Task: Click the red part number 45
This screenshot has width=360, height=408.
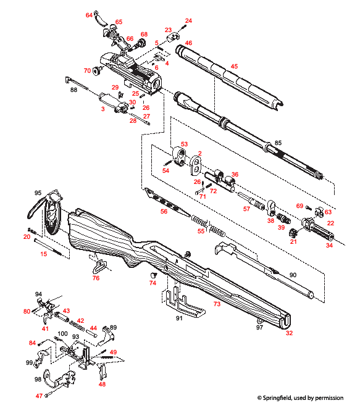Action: click(233, 66)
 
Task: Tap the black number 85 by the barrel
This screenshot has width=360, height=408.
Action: click(278, 144)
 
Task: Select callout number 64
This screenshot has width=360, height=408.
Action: click(89, 14)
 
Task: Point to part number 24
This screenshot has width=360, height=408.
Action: click(188, 21)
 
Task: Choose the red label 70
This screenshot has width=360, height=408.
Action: click(87, 71)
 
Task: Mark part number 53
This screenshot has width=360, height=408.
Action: click(183, 144)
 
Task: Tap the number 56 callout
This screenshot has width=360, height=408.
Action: click(164, 211)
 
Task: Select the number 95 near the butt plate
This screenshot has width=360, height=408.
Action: click(38, 193)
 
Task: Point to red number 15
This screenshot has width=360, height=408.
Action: click(44, 254)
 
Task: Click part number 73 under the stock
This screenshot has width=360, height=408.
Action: click(217, 304)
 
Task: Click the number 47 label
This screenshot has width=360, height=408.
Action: click(39, 396)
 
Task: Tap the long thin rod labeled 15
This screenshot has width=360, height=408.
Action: click(53, 247)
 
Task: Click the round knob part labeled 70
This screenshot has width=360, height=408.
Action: click(97, 70)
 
